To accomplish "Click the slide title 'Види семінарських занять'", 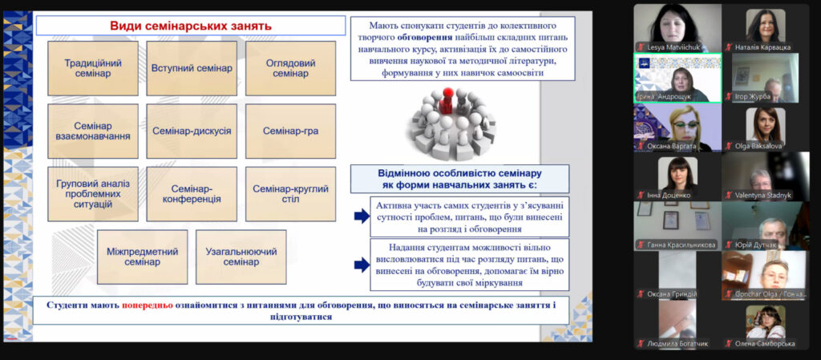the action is coord(191,25).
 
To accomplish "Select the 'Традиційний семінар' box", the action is coord(93,68).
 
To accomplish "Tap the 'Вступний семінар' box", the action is coord(192,68).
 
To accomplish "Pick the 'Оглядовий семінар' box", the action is coord(290,68).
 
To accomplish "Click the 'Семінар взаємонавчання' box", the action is coord(93,131).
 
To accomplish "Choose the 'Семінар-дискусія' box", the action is coord(192,131).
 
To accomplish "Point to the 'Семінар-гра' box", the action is coord(290,131).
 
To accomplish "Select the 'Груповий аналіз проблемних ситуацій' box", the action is coord(93,193).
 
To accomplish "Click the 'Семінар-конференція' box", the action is coord(192,193).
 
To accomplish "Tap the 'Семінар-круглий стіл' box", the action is coord(290,193).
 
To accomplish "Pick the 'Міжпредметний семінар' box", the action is coord(143,257).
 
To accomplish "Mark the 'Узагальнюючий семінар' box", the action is coord(241,257).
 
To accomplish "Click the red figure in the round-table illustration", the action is coord(447,101).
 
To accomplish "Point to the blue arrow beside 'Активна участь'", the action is coord(362,216).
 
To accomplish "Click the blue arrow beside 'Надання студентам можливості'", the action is coord(362,265).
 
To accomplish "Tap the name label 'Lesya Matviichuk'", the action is coord(673,47).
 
